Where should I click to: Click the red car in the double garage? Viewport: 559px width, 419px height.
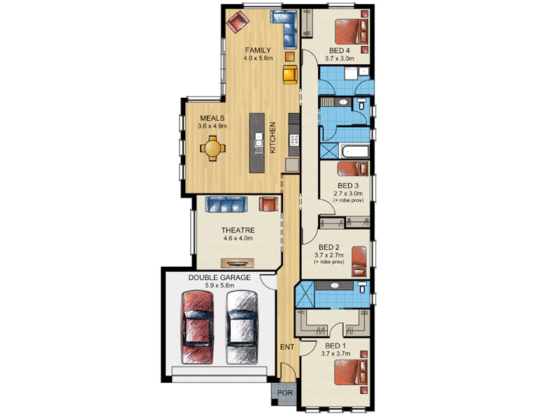198,328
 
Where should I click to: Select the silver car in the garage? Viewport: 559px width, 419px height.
242,328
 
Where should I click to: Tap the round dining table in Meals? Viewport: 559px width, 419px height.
212,148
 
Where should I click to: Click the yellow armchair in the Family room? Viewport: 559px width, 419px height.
290,74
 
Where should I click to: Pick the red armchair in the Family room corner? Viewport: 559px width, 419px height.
238,22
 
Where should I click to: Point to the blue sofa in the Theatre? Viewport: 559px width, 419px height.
226,205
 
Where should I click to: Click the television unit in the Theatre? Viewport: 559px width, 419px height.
238,263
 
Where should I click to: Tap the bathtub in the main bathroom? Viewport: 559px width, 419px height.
355,151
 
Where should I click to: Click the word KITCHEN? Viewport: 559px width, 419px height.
273,138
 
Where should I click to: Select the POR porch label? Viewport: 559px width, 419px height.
285,392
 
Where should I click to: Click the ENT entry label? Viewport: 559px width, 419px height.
287,346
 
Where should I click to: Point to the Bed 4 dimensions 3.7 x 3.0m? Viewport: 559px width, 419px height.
340,59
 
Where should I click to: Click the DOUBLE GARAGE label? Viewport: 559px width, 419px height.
219,277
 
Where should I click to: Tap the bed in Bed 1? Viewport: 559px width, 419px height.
351,372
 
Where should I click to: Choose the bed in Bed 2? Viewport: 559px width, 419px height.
359,261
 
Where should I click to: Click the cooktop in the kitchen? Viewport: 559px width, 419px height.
294,140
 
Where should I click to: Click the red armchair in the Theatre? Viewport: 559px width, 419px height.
268,204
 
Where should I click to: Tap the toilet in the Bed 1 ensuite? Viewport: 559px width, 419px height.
362,286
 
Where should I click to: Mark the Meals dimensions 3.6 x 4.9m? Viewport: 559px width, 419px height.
212,126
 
